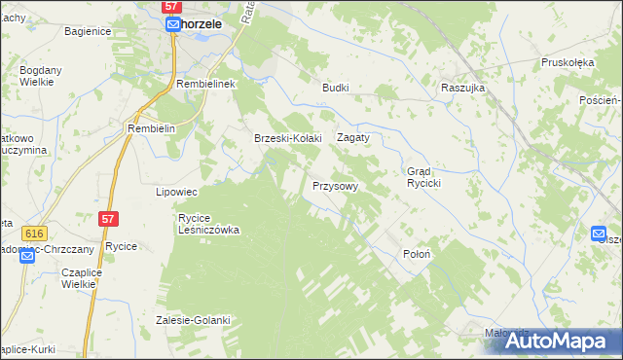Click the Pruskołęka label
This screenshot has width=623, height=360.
click(568, 62)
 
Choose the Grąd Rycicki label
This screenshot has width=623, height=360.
click(425, 177)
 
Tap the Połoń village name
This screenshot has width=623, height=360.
click(417, 253)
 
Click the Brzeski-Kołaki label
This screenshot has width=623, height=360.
click(287, 138)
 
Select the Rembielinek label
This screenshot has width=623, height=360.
click(207, 85)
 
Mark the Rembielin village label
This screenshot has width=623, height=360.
click(151, 128)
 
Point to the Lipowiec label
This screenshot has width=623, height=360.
click(177, 192)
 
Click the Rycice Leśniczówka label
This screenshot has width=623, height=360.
click(208, 224)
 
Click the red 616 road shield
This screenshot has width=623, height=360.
click(36, 234)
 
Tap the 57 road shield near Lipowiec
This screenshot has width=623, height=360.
click(109, 221)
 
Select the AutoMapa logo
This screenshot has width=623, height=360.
click(558, 342)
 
